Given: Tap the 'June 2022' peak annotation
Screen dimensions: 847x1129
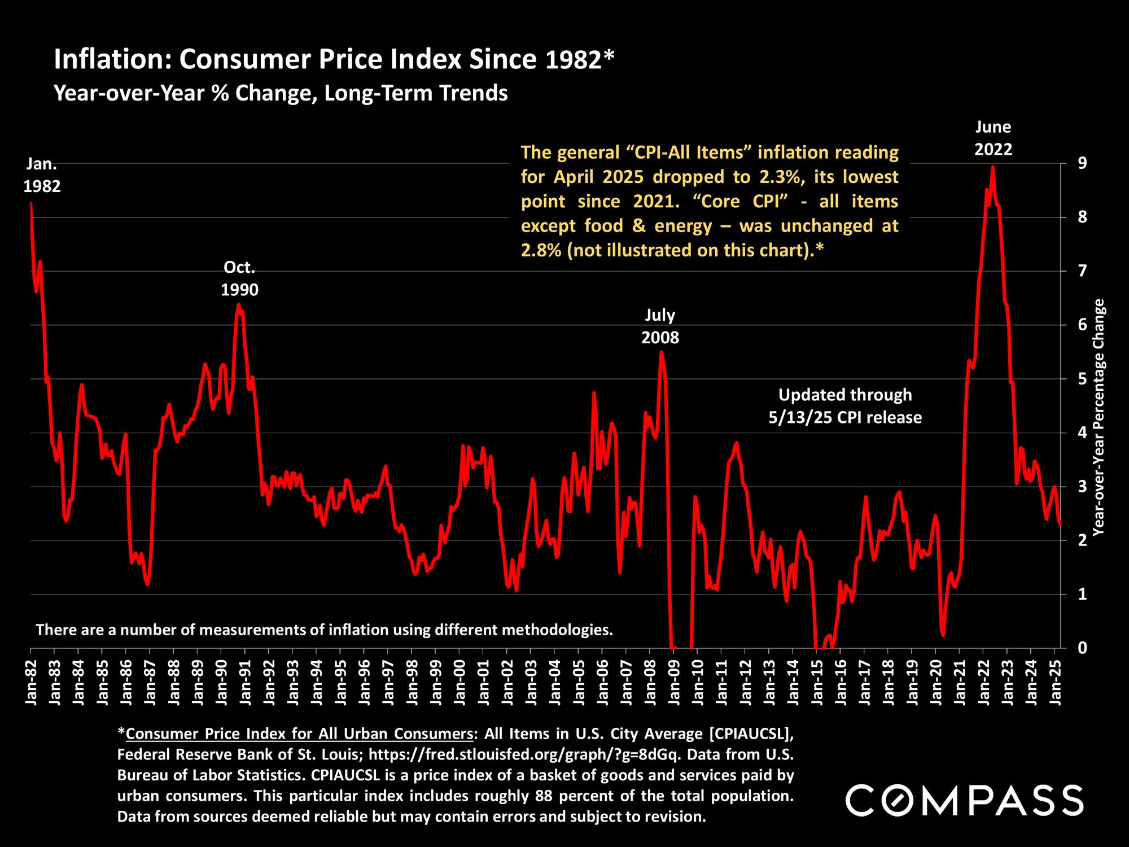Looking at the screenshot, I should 994,138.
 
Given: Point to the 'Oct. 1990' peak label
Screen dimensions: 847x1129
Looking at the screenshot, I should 239,278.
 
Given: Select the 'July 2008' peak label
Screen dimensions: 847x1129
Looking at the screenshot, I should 660,326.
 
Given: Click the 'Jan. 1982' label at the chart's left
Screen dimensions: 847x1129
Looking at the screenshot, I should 42,175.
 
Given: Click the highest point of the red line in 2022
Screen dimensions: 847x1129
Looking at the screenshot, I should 993,167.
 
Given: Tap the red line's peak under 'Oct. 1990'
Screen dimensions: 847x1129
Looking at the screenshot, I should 239,305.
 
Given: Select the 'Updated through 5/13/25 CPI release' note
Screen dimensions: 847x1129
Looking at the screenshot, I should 845,406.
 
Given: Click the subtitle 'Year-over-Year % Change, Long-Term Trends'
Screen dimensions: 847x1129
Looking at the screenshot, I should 281,93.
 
